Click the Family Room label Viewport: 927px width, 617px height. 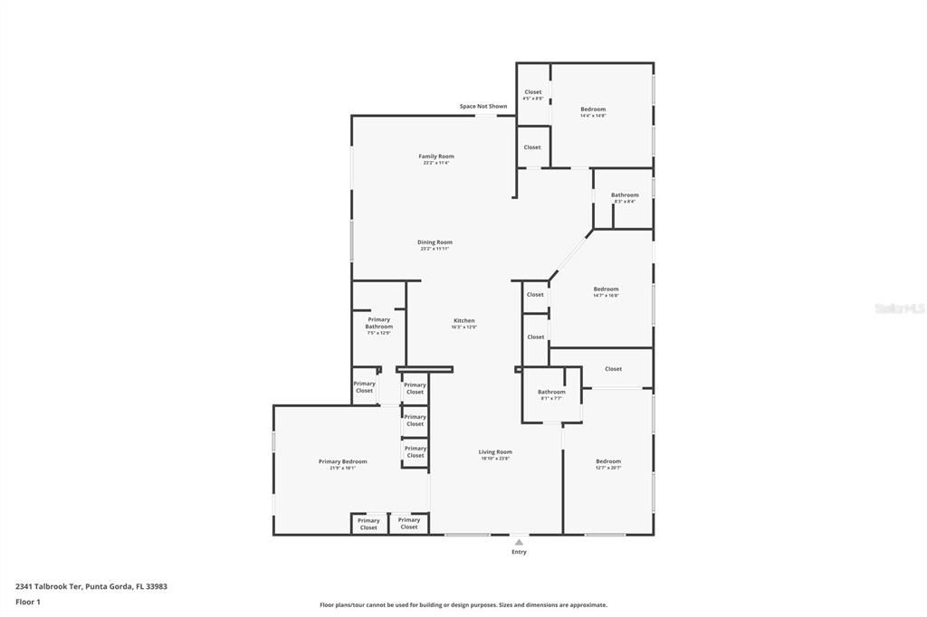point(435,157)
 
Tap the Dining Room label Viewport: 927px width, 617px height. point(435,242)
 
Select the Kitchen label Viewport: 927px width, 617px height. point(463,321)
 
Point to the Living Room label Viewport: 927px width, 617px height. point(495,452)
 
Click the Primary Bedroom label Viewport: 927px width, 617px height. point(342,462)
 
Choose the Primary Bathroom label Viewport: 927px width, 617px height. point(378,323)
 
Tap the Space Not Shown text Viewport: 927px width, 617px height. point(483,107)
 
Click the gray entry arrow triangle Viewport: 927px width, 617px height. point(519,542)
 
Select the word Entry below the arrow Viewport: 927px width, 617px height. point(519,552)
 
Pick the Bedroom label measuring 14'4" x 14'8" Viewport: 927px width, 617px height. point(593,109)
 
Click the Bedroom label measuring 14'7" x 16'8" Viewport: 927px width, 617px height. point(606,290)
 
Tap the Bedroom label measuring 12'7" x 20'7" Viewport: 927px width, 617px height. point(608,462)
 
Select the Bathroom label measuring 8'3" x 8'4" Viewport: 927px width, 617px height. point(624,195)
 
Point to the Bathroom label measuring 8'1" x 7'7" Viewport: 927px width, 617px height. point(551,393)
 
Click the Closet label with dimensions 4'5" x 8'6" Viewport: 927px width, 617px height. point(533,92)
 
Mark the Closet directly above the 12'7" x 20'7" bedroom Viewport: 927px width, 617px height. point(613,369)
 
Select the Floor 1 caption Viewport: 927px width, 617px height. point(27,602)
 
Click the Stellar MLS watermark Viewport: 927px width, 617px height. point(898,308)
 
